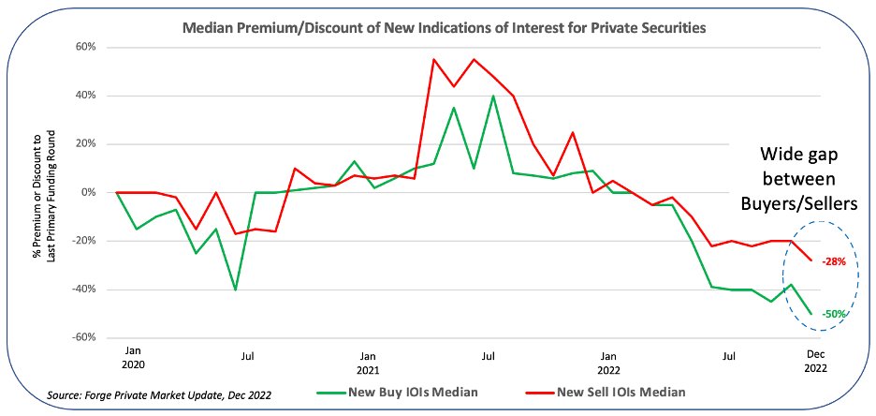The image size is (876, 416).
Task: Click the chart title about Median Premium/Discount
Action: tap(445, 28)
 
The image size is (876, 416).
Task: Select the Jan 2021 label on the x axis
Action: tap(369, 364)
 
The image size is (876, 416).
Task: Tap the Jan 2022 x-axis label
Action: tap(609, 364)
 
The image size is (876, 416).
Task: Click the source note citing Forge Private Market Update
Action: tap(159, 395)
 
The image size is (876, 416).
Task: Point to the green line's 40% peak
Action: tap(493, 96)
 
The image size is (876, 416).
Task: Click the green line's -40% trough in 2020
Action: tap(235, 290)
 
